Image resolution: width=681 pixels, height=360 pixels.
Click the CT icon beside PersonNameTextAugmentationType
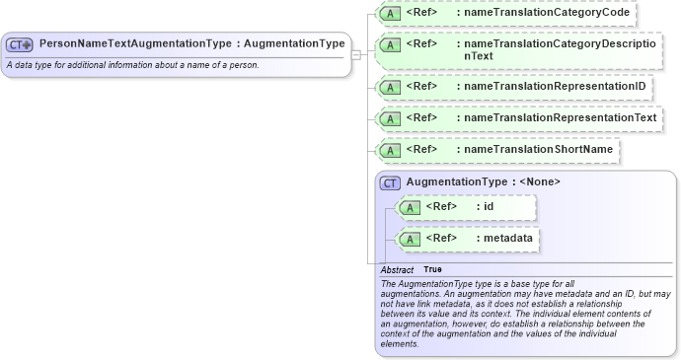[x=20, y=44]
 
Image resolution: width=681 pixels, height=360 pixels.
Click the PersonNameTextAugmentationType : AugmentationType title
[x=191, y=44]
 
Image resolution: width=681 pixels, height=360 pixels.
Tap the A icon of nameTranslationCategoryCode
[x=390, y=15]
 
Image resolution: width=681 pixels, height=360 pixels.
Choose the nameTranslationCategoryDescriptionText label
[x=559, y=50]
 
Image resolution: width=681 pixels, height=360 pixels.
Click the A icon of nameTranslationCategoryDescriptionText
[x=390, y=45]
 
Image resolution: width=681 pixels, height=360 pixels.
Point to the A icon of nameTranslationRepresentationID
[x=390, y=88]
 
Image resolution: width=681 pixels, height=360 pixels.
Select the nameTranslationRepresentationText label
[x=560, y=118]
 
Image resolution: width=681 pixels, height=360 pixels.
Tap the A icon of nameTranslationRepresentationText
[x=390, y=119]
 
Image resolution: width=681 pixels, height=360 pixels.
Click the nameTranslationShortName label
[x=538, y=149]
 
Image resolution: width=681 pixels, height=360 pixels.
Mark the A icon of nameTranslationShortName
[x=390, y=150]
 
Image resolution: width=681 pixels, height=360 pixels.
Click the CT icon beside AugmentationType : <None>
[x=390, y=182]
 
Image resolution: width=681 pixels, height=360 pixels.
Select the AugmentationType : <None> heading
[x=483, y=182]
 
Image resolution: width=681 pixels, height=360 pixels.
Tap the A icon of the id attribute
[x=409, y=208]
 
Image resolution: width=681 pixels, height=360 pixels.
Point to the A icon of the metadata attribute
[x=409, y=240]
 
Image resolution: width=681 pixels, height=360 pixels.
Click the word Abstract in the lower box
[x=397, y=269]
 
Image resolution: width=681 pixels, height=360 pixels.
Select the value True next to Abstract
[x=432, y=269]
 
